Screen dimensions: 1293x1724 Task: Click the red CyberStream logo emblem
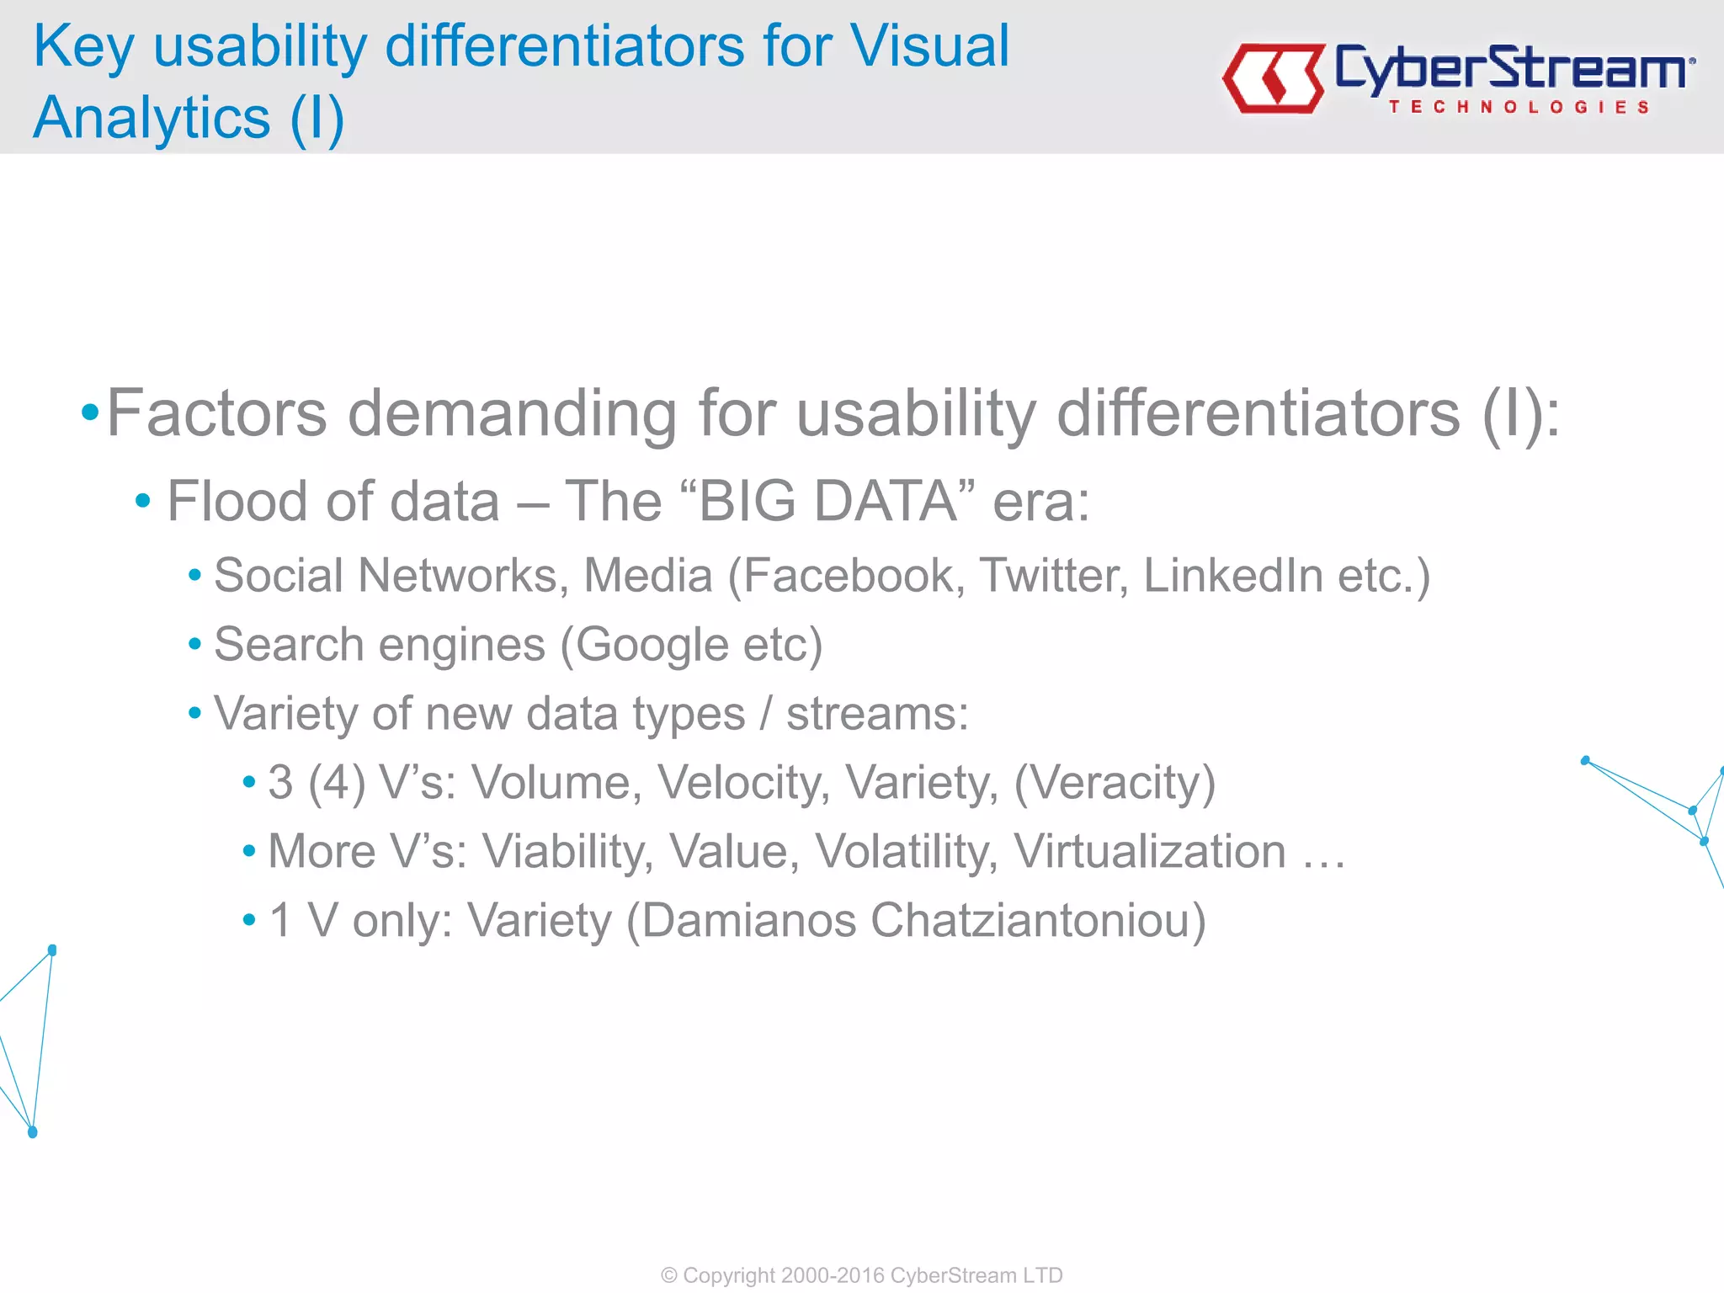tap(1274, 77)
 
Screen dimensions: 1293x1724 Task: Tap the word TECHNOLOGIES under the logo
tap(1519, 107)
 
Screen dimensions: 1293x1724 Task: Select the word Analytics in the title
tap(152, 117)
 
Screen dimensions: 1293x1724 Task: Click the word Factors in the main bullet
tap(216, 413)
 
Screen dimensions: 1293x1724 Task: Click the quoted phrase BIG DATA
tap(827, 502)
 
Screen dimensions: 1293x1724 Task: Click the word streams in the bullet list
tap(876, 714)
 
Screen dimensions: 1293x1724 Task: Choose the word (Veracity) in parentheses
tap(1115, 783)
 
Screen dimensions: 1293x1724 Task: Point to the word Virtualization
tap(1150, 852)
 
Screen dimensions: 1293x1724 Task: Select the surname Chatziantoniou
tap(1037, 920)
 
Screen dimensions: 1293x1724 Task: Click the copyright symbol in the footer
tap(669, 1275)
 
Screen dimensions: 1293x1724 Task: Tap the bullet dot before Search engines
tap(194, 645)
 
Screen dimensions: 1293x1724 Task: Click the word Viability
tap(567, 852)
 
